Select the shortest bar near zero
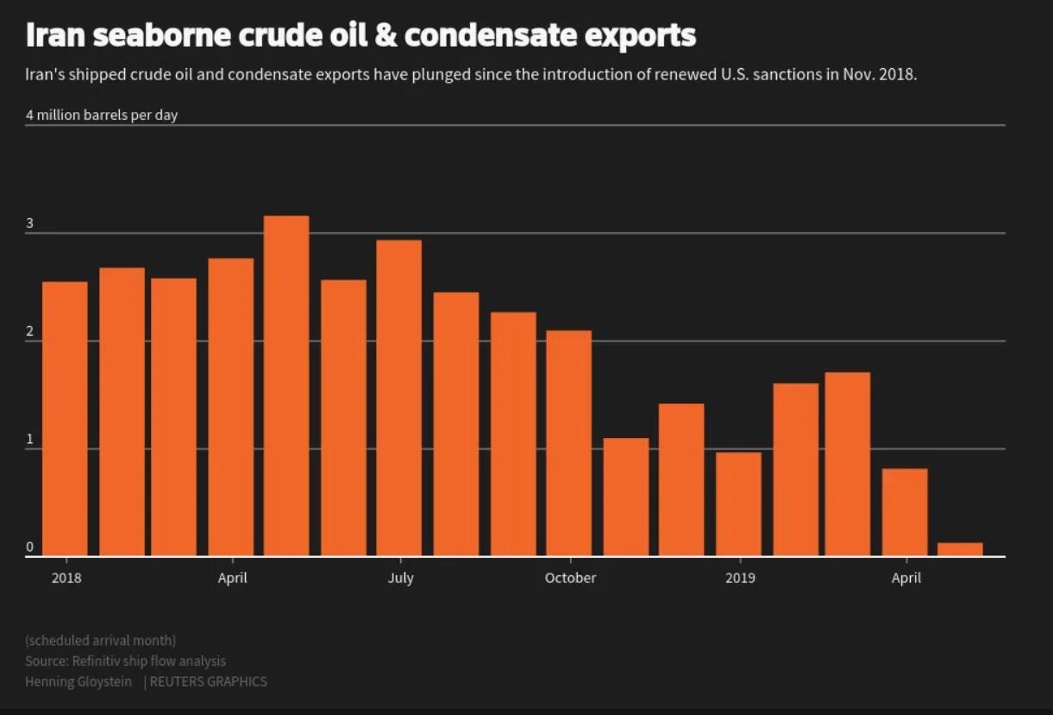[x=960, y=549]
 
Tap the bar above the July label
[x=399, y=398]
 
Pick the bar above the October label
[x=569, y=443]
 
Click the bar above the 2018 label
[x=65, y=418]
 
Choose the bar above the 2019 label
[x=739, y=504]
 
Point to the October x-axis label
[x=570, y=578]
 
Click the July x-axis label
[x=400, y=578]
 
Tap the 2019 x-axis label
[x=740, y=578]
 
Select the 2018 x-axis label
[x=66, y=578]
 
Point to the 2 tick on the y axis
[x=30, y=332]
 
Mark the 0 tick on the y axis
[x=30, y=547]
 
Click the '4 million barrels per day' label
[x=102, y=116]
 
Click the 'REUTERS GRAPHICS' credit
[x=209, y=681]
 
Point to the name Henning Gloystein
[x=79, y=681]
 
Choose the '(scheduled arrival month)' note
[x=101, y=640]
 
